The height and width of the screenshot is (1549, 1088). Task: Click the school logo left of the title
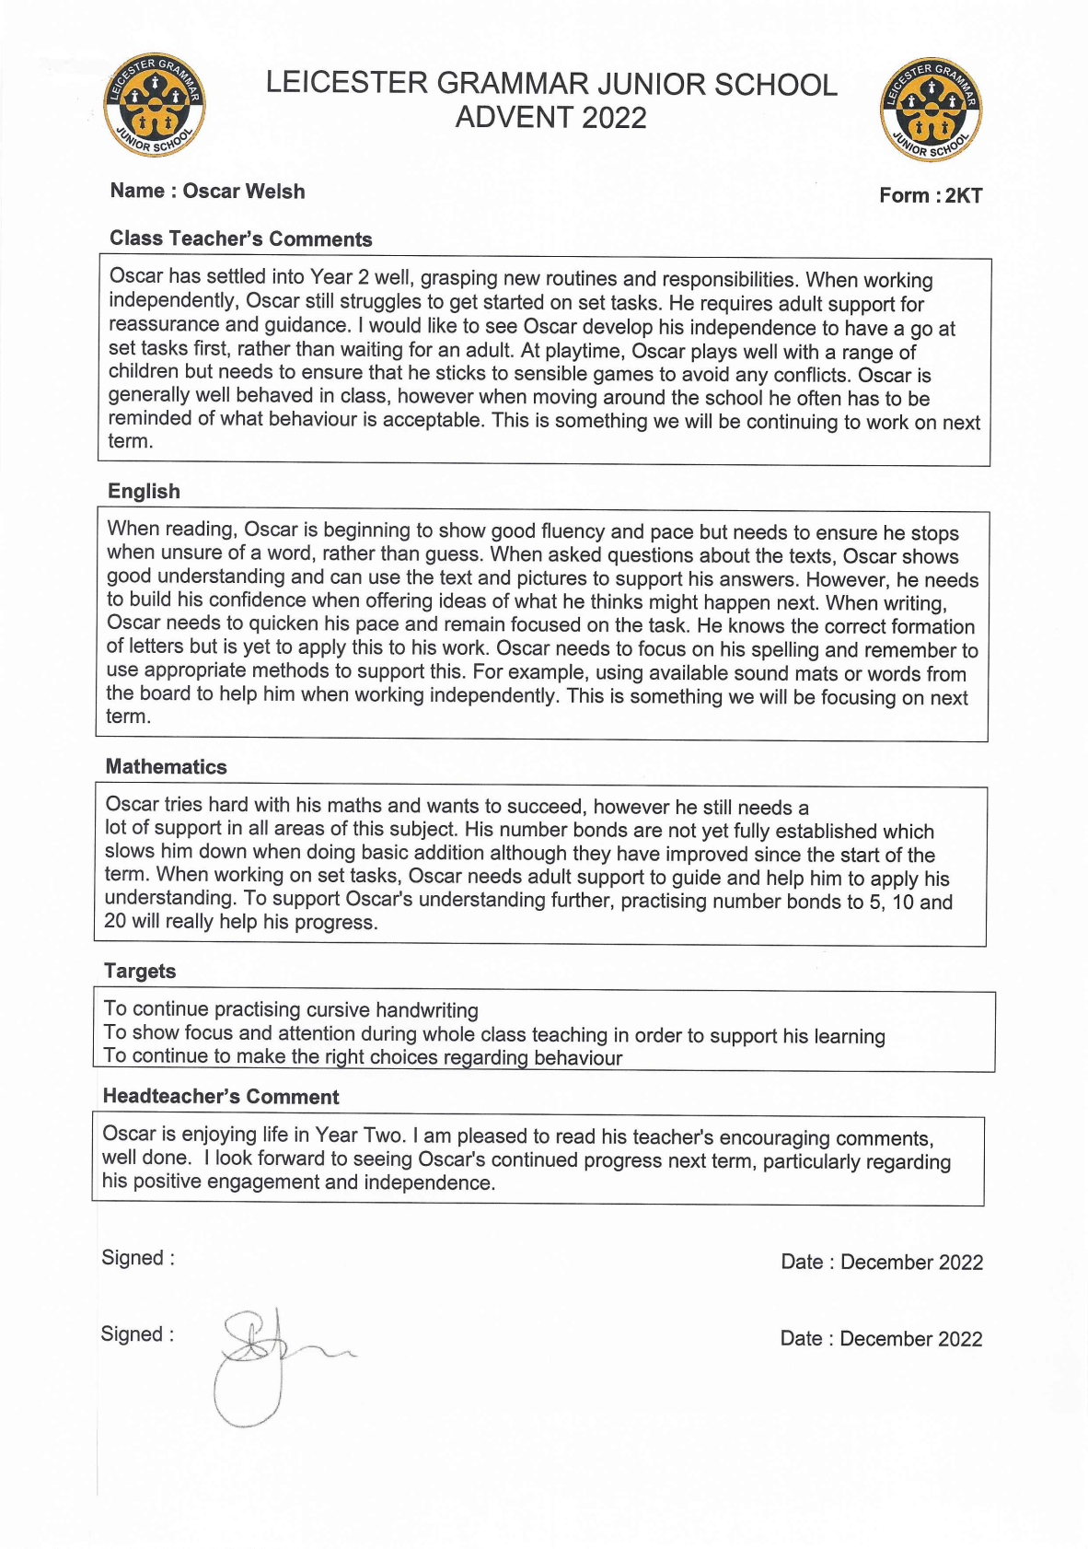point(155,105)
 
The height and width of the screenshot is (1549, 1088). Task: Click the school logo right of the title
point(932,110)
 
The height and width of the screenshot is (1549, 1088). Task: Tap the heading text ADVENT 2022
point(550,118)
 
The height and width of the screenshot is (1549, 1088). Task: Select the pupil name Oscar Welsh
point(244,191)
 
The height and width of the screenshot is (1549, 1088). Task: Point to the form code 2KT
point(964,195)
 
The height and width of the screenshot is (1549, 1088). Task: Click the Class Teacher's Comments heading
point(241,239)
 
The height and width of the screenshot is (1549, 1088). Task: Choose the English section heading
point(144,491)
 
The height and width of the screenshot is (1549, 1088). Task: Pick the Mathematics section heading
point(166,766)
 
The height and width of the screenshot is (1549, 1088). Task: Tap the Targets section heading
point(140,971)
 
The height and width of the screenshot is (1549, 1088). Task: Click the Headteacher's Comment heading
point(221,1096)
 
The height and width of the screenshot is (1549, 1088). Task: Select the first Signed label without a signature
point(138,1258)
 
